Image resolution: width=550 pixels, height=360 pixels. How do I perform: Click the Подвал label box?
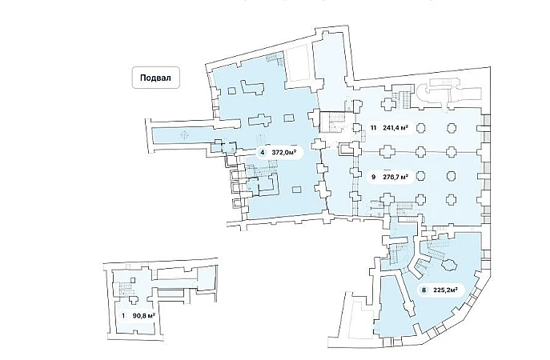[156, 78]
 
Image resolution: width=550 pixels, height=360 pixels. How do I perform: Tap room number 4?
[262, 151]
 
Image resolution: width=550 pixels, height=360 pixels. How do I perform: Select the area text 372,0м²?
[285, 151]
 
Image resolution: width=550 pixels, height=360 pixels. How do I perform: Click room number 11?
[373, 127]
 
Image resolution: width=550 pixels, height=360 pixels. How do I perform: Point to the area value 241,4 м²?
[398, 127]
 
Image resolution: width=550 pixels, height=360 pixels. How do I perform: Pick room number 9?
[373, 177]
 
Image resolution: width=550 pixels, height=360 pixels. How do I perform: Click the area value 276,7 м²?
[397, 177]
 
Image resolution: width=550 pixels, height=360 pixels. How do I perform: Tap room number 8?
[423, 290]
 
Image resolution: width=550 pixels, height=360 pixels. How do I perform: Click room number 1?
[123, 316]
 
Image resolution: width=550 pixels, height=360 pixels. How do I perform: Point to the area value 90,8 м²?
[143, 316]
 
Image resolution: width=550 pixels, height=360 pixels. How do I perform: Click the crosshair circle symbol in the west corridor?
[186, 134]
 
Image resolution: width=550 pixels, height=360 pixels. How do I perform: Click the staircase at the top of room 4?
[274, 59]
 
